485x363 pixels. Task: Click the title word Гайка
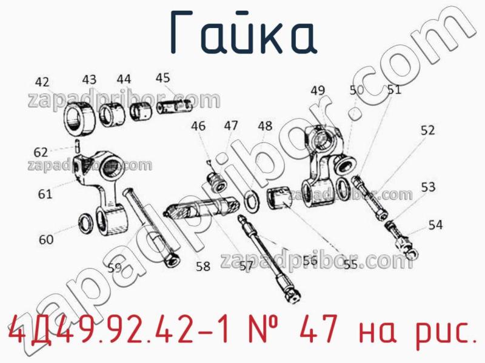[x=242, y=32]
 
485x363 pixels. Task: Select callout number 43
[x=89, y=79]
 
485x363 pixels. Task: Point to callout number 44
[x=124, y=79]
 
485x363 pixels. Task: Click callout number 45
[x=162, y=78]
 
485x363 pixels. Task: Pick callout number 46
[x=198, y=127]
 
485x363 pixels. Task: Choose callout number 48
[x=265, y=126]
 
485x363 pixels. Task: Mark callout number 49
[x=318, y=91]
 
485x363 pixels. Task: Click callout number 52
[x=427, y=130]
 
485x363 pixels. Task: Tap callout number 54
[x=435, y=225]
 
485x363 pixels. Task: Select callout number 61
[x=44, y=194]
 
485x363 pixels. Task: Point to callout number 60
[x=46, y=239]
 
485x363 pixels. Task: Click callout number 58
[x=202, y=265]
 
